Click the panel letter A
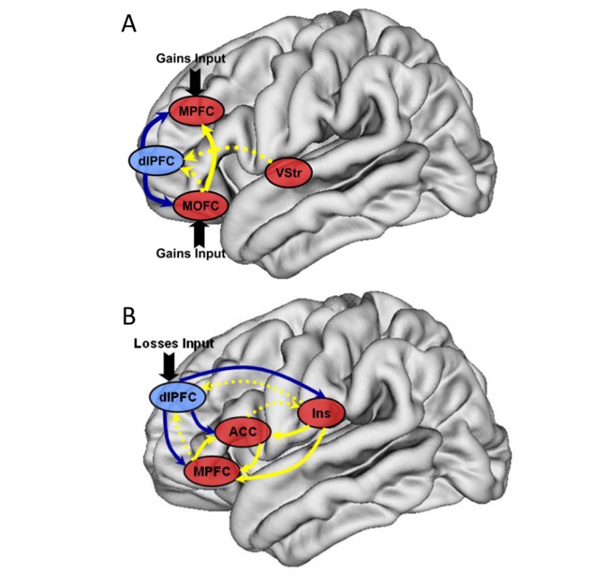click(129, 24)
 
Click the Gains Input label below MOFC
click(190, 253)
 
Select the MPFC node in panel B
click(214, 469)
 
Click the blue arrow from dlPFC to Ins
click(250, 365)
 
